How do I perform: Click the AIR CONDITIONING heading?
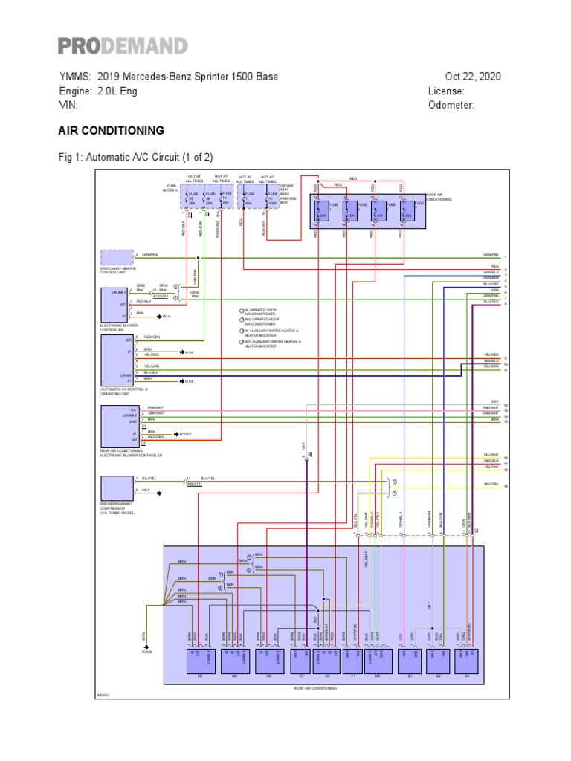(x=112, y=131)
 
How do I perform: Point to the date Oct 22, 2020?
(x=473, y=77)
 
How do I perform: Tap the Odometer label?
(x=451, y=105)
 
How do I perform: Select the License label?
(x=446, y=91)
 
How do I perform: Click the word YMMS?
(x=75, y=77)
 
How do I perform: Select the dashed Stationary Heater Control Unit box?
(x=117, y=257)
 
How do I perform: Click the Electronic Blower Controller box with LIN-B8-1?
(x=117, y=305)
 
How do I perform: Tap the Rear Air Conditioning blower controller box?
(x=117, y=427)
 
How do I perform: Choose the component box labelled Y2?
(x=303, y=661)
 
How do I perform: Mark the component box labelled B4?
(x=466, y=661)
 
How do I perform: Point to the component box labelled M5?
(x=377, y=661)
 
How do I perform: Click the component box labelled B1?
(x=410, y=661)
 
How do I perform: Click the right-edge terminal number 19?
(x=506, y=486)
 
